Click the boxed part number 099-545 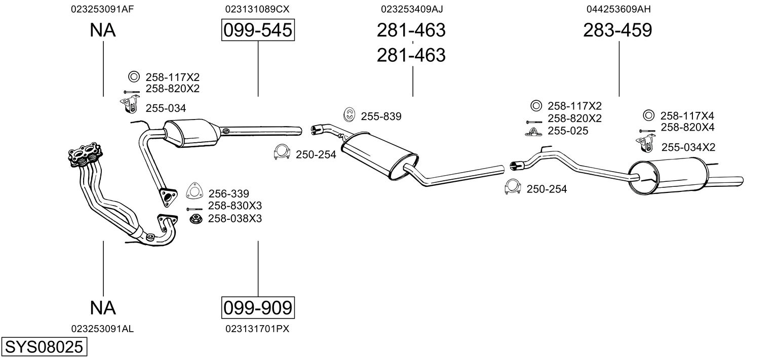click(258, 30)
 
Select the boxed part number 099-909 click(258, 307)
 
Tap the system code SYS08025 click(44, 346)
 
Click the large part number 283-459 click(617, 30)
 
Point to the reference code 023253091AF click(102, 9)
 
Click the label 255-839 click(381, 116)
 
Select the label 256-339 click(228, 193)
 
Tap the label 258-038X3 click(235, 219)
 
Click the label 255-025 click(568, 131)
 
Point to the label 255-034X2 click(688, 147)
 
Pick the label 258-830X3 click(235, 206)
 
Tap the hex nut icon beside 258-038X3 click(196, 219)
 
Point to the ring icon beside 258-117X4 click(648, 115)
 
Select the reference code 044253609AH click(618, 9)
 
